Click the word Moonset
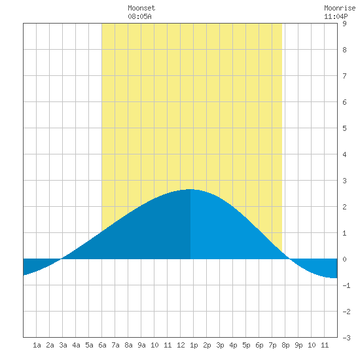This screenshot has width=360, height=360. pos(141,8)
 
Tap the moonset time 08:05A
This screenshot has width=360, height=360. pos(139,16)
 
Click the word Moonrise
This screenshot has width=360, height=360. pos(340,8)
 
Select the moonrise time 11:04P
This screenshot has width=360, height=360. pos(336,16)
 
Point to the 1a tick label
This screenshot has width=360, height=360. pos(37,345)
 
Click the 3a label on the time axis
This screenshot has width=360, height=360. pos(63,345)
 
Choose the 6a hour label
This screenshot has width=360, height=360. pos(102,345)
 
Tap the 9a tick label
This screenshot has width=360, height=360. pos(141,345)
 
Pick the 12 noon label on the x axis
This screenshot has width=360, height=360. pos(181,345)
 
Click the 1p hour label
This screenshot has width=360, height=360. pos(194,345)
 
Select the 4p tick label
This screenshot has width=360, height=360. pos(233,345)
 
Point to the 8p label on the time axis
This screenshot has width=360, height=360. pos(285,345)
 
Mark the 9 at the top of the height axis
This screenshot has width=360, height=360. pos(344,24)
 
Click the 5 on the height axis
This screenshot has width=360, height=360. pos(344,128)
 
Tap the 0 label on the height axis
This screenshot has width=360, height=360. pos(344,259)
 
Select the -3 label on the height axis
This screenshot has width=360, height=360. pos(346,338)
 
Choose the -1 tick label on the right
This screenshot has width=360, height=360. pos(346,285)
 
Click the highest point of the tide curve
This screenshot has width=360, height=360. pos(190,189)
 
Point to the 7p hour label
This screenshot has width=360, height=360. pos(272,345)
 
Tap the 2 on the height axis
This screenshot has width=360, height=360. pos(344,207)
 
